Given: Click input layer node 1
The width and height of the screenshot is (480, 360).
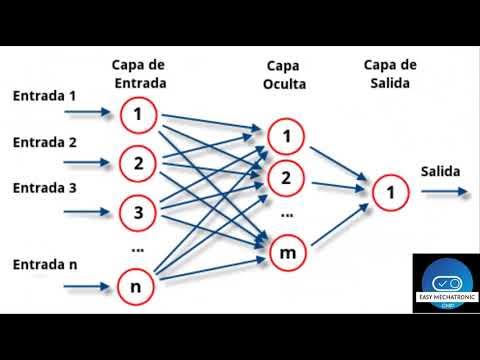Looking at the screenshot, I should point(138,115).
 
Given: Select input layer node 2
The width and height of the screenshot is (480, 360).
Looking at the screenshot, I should point(138,162).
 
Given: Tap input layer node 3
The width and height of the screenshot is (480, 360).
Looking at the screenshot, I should point(138,212).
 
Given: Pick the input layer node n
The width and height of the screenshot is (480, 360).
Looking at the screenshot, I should point(136,287).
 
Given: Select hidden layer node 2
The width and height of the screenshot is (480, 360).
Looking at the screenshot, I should point(285,179).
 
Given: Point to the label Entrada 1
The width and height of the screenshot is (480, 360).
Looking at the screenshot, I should point(45,96).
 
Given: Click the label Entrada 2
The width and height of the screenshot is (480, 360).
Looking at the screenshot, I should point(45,142).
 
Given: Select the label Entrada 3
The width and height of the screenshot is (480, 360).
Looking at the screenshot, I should point(45,188).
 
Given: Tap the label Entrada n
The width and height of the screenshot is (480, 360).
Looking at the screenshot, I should point(45,265).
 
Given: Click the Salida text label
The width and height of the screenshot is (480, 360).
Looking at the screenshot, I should point(441,170).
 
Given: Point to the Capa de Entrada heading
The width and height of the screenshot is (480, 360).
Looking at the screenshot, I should point(138,74).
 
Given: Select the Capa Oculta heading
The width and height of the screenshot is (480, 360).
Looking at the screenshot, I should point(285,74).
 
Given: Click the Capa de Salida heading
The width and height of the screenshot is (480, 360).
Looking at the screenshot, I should point(390,74).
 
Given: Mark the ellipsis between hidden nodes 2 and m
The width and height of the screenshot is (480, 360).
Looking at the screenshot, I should point(287,215).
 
